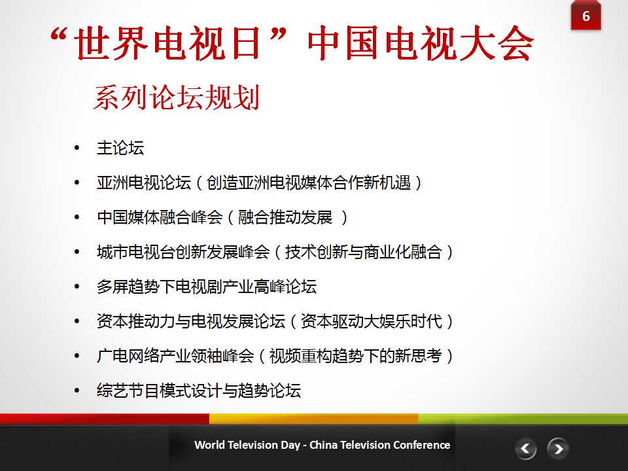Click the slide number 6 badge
(x=585, y=15)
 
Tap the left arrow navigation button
(x=525, y=449)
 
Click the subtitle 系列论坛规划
(x=177, y=97)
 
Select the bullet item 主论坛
(x=120, y=148)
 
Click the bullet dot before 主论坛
(x=77, y=148)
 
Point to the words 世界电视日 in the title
(x=167, y=43)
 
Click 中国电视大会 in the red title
(x=421, y=43)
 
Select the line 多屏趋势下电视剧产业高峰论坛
(x=207, y=287)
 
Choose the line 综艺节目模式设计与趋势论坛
(x=199, y=391)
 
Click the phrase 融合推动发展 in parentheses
(x=285, y=217)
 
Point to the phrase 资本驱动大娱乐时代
(x=372, y=321)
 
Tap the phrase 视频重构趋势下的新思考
(x=356, y=356)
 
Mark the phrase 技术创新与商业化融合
(x=364, y=252)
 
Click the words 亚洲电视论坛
(x=144, y=183)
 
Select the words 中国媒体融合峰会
(x=160, y=217)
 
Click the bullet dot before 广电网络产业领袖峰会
(x=77, y=356)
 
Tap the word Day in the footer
(x=290, y=445)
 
